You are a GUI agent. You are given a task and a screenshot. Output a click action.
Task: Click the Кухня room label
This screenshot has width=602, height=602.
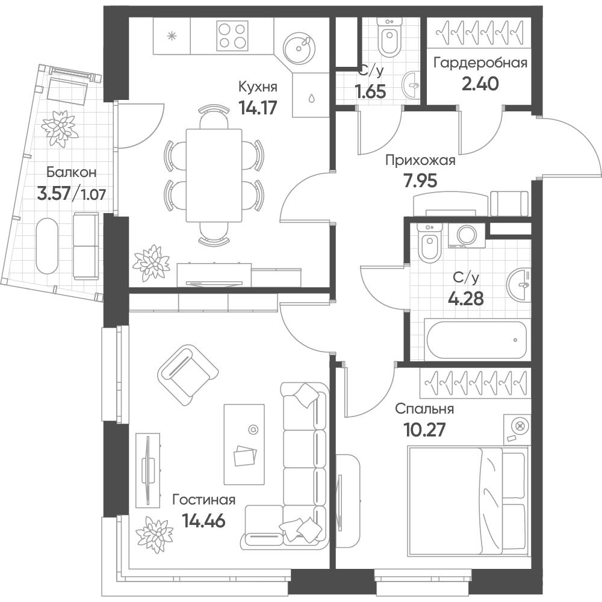(x=258, y=87)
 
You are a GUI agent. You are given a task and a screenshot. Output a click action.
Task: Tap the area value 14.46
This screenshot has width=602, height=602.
(x=203, y=521)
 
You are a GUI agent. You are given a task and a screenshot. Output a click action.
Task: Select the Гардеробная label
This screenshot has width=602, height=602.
(x=480, y=63)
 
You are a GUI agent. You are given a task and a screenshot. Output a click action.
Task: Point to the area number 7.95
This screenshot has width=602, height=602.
(x=420, y=181)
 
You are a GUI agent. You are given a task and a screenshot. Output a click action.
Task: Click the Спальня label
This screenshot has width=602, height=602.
(x=424, y=409)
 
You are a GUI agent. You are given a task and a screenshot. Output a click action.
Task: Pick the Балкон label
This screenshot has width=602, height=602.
(x=72, y=172)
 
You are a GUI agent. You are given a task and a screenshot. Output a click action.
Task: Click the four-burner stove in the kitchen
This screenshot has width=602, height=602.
(x=232, y=36)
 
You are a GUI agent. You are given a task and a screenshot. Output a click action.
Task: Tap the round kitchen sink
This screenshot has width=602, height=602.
(x=299, y=48)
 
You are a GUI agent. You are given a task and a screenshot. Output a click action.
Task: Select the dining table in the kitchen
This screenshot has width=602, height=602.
(x=214, y=175)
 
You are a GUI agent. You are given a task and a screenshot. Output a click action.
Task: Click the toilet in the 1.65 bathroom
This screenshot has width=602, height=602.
(x=389, y=37)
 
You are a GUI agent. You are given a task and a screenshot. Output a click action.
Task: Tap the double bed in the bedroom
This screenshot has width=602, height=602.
(x=469, y=501)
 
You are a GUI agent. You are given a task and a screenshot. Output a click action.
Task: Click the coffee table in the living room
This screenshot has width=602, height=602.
(x=244, y=444)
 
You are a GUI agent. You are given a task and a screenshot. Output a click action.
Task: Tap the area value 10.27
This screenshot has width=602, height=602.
(x=424, y=430)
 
